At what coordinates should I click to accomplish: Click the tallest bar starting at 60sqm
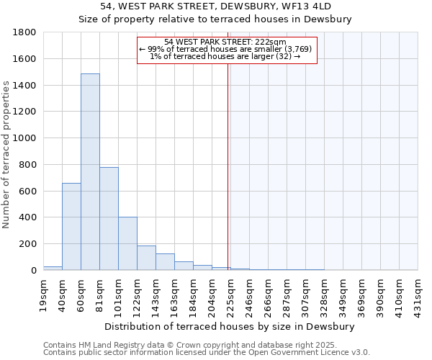tap(90, 172)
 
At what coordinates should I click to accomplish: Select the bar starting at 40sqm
tap(71, 227)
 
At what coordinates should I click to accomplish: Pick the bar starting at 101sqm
tap(127, 243)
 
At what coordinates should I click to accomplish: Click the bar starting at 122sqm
tap(146, 258)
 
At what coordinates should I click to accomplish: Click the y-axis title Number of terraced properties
tap(6, 155)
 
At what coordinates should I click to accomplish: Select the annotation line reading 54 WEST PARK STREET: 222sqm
tap(225, 42)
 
